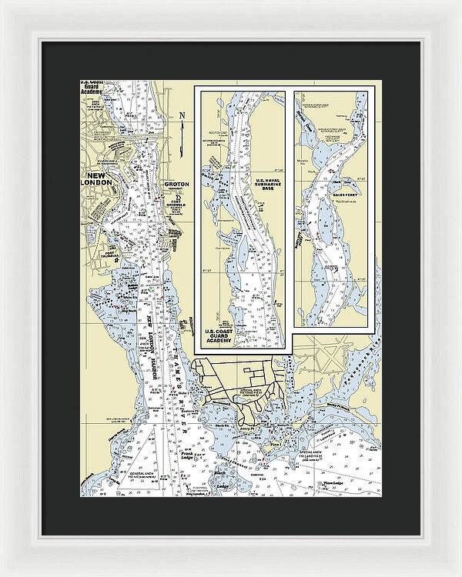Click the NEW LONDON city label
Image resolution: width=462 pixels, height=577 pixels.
click(x=105, y=181)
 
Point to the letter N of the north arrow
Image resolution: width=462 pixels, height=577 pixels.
click(x=182, y=117)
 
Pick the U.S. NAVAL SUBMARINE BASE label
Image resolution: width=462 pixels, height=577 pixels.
click(x=264, y=185)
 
